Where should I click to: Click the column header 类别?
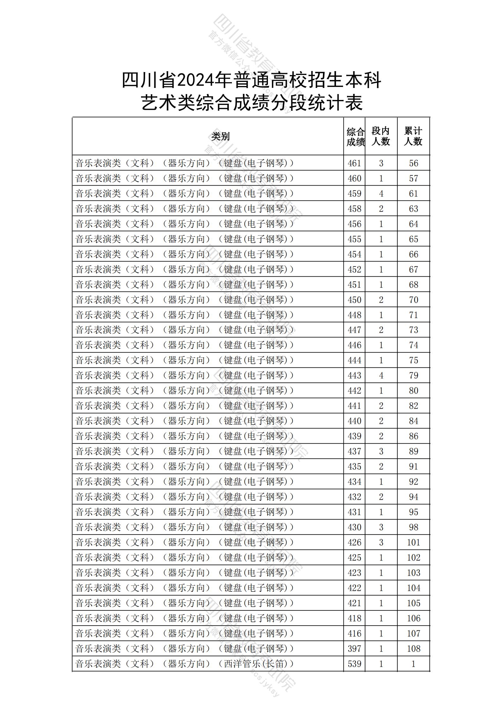[220, 136]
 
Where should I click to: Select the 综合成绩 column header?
[355, 137]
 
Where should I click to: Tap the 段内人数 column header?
[381, 136]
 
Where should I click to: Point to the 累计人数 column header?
[413, 136]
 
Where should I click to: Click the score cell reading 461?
[354, 163]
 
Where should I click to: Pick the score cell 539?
[354, 664]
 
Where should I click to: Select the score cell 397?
[354, 649]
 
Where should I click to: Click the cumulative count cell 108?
[413, 649]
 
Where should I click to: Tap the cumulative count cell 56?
[413, 163]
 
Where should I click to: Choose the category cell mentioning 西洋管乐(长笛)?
[184, 664]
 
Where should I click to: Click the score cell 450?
[354, 300]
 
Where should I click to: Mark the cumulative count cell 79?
[413, 375]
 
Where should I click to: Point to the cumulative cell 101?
[413, 542]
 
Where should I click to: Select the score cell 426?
[354, 542]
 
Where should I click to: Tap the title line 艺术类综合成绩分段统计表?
[251, 103]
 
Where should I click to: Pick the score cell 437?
[354, 451]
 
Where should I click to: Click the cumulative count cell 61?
[413, 194]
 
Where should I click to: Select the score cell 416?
[354, 633]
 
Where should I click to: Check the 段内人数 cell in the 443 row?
[381, 375]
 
